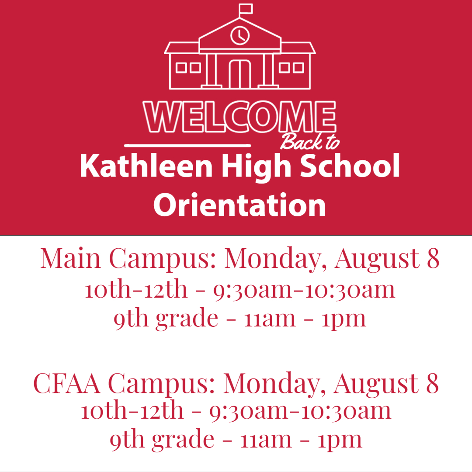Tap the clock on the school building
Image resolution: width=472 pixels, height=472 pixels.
(240, 35)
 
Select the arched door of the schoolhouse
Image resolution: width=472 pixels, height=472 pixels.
(240, 73)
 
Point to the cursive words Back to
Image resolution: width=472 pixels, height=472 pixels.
(309, 141)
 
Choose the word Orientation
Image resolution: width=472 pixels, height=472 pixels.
(239, 205)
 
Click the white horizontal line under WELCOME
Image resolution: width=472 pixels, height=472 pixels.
(187, 145)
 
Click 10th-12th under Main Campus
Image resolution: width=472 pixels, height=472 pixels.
(136, 289)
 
